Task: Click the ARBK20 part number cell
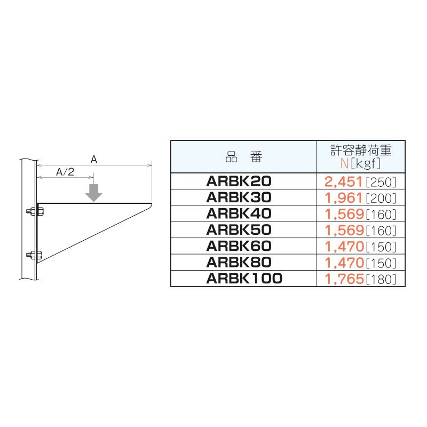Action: [x=239, y=181]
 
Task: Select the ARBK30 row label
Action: [x=239, y=197]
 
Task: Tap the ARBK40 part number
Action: [x=239, y=213]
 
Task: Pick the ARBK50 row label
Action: [x=239, y=230]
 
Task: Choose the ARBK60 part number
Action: [x=239, y=246]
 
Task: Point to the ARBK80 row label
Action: [x=239, y=262]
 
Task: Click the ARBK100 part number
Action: [x=244, y=278]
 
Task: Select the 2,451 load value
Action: [x=343, y=181]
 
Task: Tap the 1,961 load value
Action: [x=344, y=198]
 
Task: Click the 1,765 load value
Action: [x=344, y=279]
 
